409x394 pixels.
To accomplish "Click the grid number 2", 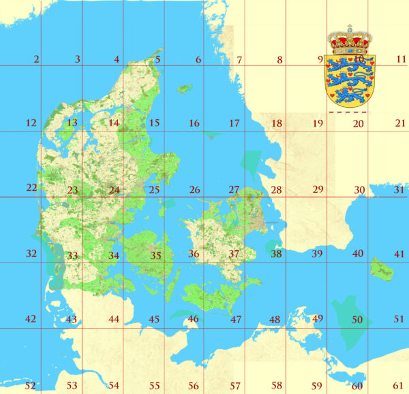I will (36, 59).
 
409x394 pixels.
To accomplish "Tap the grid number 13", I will (72, 123).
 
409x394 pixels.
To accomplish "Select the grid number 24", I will (114, 190).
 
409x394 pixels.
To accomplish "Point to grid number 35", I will (156, 256).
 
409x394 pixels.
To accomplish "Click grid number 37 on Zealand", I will (234, 254).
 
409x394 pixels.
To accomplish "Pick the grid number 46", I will (194, 319).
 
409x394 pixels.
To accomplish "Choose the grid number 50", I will (357, 319).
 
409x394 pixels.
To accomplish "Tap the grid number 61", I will (399, 386).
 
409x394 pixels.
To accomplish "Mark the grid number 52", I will (30, 386).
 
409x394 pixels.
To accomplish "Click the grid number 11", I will (401, 59).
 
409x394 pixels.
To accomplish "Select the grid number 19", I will (318, 123).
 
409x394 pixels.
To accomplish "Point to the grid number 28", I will (276, 190).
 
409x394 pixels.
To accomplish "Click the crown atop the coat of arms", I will (348, 42).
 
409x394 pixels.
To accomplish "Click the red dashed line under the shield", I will (348, 111).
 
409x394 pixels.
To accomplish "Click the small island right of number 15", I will (184, 88).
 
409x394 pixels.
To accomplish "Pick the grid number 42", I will (30, 319).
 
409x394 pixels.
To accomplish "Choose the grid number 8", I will (279, 60).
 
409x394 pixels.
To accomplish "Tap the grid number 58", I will (277, 386).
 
